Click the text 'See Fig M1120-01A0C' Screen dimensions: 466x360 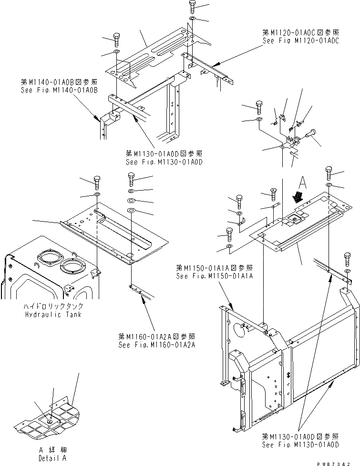click(x=300, y=41)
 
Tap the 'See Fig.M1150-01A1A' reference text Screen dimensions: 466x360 click(x=214, y=276)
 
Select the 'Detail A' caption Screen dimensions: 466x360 click(x=53, y=458)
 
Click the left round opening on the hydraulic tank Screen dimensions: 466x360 click(x=50, y=259)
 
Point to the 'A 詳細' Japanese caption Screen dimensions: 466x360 click(x=53, y=450)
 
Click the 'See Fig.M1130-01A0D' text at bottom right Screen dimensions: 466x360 click(x=300, y=445)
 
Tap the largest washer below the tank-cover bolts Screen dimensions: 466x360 click(x=132, y=210)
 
